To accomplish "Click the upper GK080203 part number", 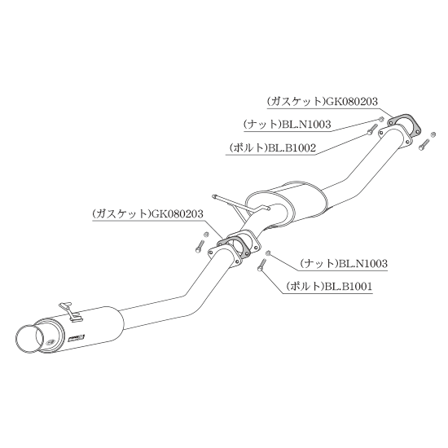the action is coord(352,102).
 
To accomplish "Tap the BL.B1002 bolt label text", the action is coord(291,148).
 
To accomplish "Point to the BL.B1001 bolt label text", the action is coord(348,286).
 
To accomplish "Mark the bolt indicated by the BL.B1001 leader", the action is coord(261,266).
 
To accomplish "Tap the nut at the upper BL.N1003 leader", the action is coord(380,120).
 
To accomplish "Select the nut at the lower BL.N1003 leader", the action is coord(268,253).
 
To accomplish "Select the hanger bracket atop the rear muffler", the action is coord(70,312).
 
